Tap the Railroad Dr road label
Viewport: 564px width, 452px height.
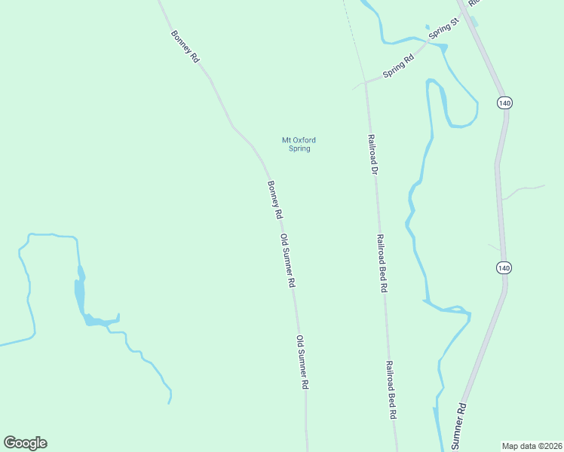[372, 154]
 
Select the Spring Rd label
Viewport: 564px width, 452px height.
[399, 66]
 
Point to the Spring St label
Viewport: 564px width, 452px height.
[443, 29]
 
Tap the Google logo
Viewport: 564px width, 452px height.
[25, 443]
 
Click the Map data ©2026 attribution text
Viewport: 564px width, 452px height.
[532, 445]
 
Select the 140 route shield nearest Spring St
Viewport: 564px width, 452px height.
[504, 102]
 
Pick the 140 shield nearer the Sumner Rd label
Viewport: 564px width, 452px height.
[504, 267]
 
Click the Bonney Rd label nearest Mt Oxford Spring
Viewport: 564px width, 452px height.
[274, 200]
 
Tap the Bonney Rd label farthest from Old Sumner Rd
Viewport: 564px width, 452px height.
[185, 46]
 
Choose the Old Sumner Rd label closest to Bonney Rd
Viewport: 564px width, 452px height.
[287, 261]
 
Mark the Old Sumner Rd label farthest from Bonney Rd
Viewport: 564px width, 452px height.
[303, 362]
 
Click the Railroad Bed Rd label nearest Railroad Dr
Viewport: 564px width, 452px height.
[382, 262]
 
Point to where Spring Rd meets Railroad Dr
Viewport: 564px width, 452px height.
[366, 82]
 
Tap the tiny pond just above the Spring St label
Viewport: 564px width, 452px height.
[428, 26]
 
